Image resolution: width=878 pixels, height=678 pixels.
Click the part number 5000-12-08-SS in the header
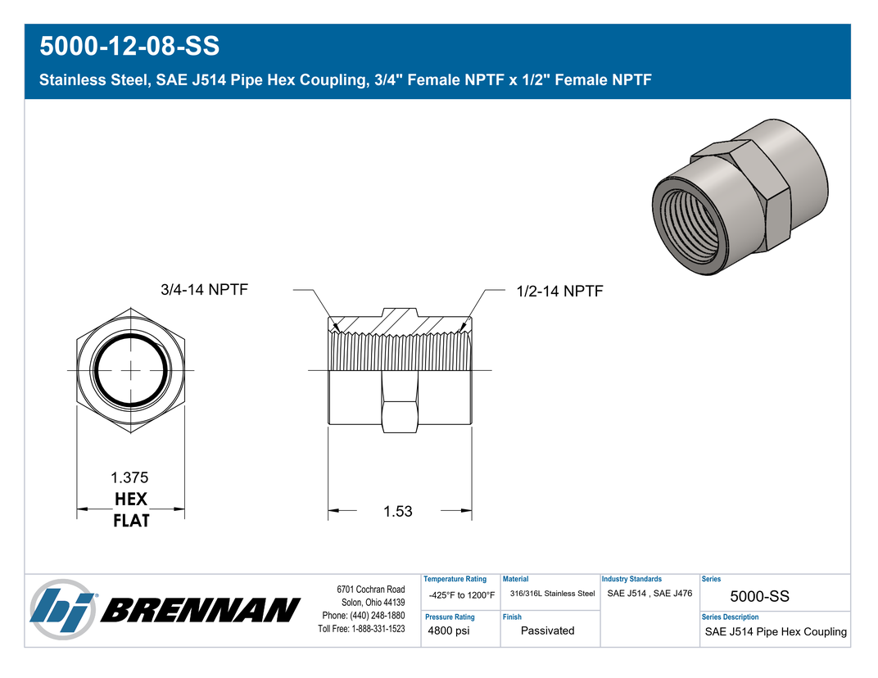(x=129, y=46)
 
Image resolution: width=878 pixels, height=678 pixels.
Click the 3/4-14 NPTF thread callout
(x=204, y=289)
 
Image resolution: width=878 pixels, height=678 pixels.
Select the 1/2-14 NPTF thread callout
(x=559, y=292)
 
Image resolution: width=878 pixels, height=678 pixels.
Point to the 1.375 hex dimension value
(x=129, y=477)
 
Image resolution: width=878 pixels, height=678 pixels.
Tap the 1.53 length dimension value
(x=397, y=511)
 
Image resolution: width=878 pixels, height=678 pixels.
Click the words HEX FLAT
(x=131, y=509)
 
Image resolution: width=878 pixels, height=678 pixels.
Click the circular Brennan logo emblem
(x=63, y=609)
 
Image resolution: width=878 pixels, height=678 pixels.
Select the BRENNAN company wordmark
(x=201, y=610)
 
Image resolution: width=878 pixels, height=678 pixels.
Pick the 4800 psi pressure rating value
(x=449, y=631)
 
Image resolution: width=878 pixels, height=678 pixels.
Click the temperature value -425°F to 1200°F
(x=462, y=595)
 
